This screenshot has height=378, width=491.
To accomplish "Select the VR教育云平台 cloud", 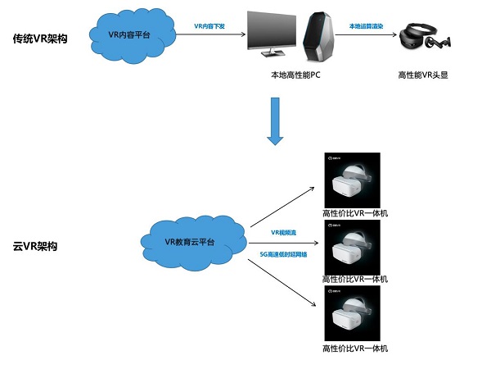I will click(x=190, y=242).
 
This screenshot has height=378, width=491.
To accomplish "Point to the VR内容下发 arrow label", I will click(x=211, y=26).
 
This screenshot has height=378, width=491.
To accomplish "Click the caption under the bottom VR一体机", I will click(x=355, y=348).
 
